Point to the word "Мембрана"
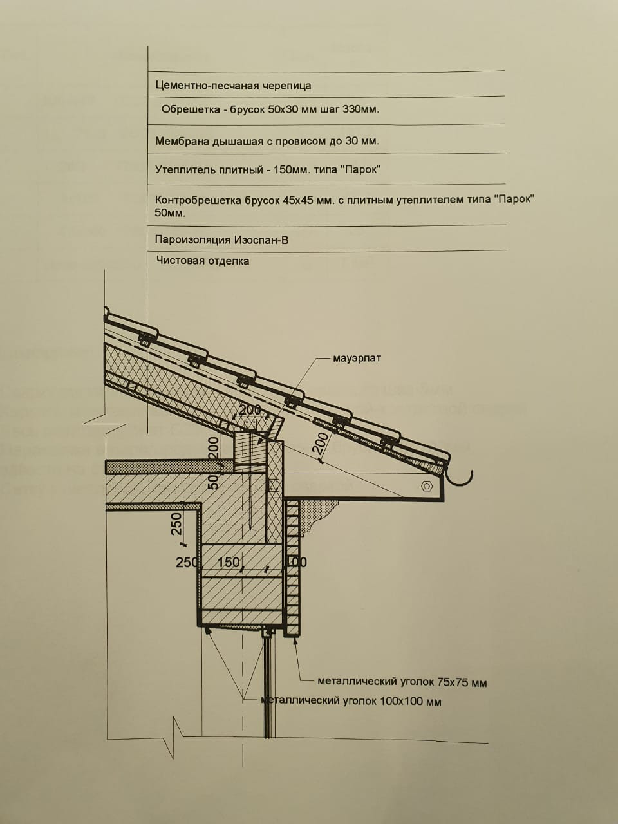182,141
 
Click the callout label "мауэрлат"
357,358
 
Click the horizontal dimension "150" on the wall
229,562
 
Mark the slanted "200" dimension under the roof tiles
322,444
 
